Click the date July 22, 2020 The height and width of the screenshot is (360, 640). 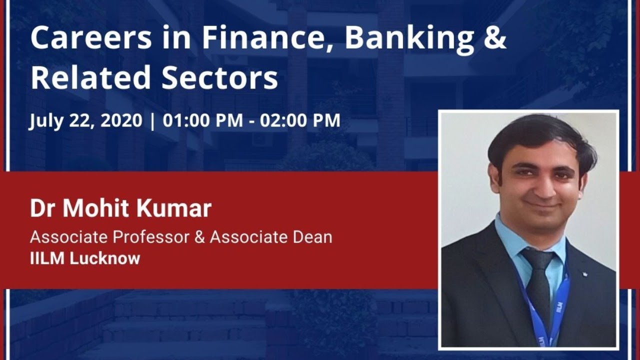point(85,121)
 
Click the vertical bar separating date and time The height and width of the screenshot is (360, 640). point(152,121)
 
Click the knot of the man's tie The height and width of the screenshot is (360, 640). point(538,259)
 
